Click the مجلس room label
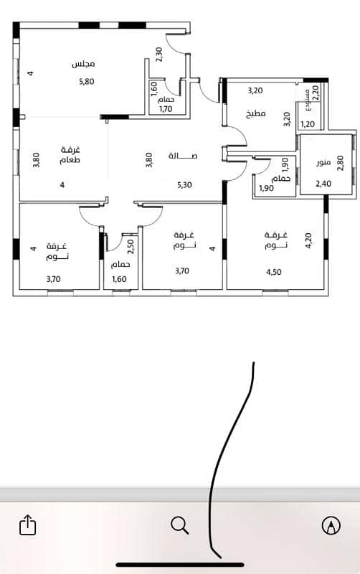coord(83,64)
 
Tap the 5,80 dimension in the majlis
coord(87,82)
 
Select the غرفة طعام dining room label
coord(70,155)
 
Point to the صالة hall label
coord(183,156)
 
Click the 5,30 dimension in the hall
coord(184,185)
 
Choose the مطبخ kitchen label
coord(256,114)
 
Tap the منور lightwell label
coord(323,163)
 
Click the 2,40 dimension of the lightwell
coord(323,184)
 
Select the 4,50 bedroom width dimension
coord(274,272)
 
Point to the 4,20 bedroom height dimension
coord(308,241)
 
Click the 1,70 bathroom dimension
coord(166,109)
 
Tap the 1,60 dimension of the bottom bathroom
coord(119,279)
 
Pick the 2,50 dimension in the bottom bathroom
coord(131,246)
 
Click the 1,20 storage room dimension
coord(308,124)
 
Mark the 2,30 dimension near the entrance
coord(158,55)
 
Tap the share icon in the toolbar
coord(28,524)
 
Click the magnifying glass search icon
coord(179,525)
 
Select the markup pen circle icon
coord(331,525)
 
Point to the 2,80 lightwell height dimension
coord(340,164)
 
